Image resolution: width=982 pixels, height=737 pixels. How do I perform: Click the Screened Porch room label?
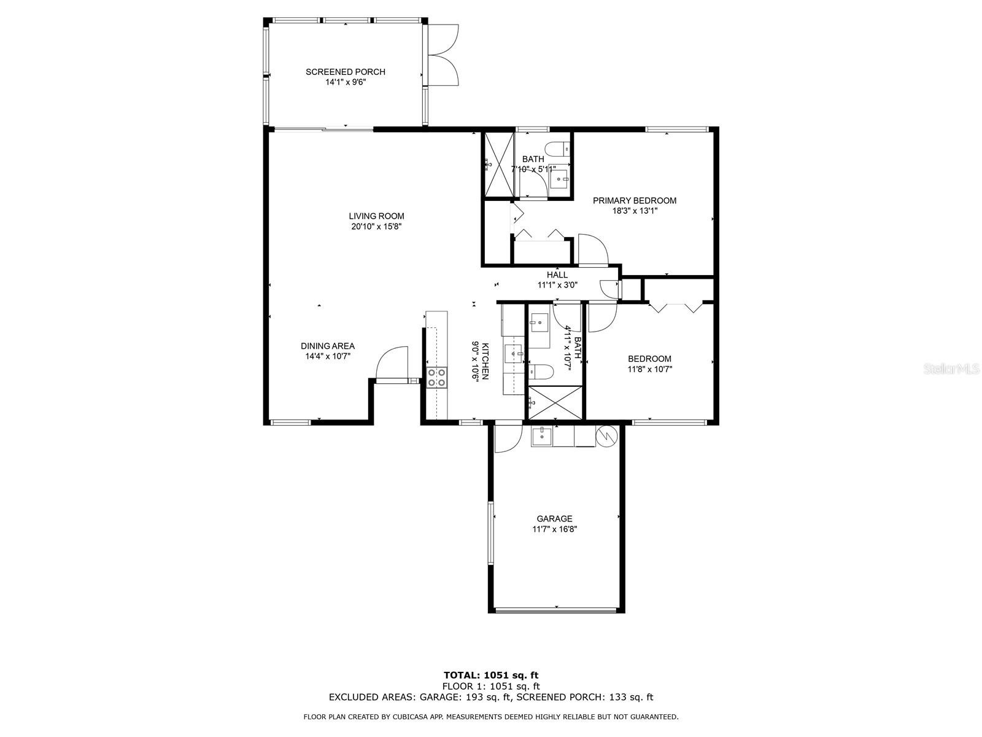(x=345, y=72)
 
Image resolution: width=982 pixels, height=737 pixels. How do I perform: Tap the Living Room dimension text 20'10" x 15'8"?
(x=376, y=227)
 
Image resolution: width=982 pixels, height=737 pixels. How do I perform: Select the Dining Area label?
(x=328, y=346)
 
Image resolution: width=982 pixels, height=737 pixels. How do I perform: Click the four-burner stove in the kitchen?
(x=123, y=376)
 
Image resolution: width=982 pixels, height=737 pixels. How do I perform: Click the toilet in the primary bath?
(x=559, y=147)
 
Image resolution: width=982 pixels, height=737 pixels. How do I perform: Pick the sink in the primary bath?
(x=559, y=180)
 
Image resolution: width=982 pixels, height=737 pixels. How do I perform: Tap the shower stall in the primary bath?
(x=498, y=164)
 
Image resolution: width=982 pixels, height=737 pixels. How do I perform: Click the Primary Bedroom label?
(x=634, y=200)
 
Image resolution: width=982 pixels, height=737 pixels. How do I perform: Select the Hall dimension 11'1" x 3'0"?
(x=557, y=284)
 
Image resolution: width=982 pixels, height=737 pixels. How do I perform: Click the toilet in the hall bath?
(x=541, y=371)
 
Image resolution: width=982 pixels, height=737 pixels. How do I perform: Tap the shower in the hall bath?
(x=555, y=403)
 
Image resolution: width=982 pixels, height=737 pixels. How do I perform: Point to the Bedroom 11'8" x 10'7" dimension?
(x=649, y=369)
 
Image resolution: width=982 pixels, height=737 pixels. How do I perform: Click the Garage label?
(x=554, y=518)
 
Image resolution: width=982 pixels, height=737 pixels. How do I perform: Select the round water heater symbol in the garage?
(x=606, y=434)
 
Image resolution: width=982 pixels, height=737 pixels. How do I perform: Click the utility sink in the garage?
(x=542, y=436)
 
